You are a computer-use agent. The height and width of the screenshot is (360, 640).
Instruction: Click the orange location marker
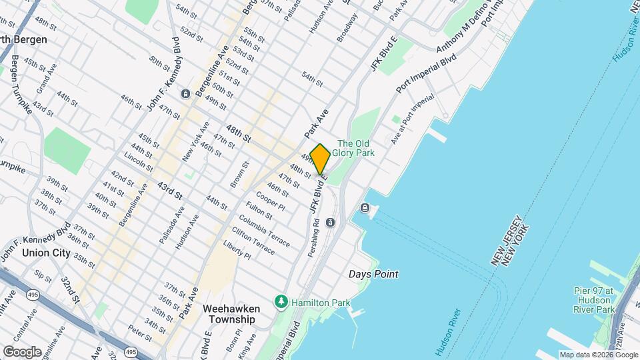pos(321,159)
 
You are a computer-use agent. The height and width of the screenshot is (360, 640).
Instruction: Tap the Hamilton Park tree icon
pos(282,303)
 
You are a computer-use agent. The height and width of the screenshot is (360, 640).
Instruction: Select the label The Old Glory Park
pos(356,148)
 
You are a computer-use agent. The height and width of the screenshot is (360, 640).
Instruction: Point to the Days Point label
pos(373,274)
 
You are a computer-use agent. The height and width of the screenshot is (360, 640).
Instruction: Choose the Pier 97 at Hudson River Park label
pos(594,300)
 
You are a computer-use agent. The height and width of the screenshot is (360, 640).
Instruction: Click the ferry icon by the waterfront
pos(365,208)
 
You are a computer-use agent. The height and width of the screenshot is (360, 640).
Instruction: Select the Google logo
pos(22,351)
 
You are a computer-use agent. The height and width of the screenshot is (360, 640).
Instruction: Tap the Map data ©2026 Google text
pos(599,355)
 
